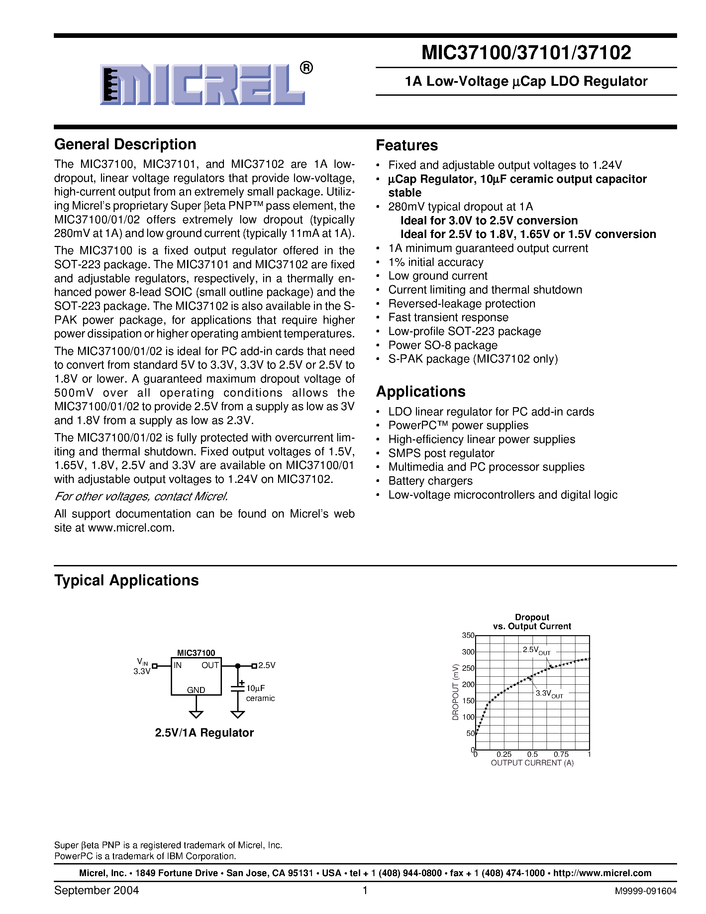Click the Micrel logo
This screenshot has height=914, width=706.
coord(202,84)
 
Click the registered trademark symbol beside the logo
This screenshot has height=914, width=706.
coord(306,68)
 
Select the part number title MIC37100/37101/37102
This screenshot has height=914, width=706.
coord(526,53)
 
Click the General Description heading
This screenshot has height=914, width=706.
coord(125,144)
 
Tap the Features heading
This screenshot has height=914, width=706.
coord(407,145)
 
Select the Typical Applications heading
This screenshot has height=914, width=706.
coord(126,580)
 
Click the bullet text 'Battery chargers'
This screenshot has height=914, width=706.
coord(430,481)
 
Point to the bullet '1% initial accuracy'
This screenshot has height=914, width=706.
coord(436,262)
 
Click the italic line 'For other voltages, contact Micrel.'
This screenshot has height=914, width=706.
coord(141,497)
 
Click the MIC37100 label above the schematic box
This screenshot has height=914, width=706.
coord(196,652)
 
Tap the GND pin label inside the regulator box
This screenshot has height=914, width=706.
coord(196,690)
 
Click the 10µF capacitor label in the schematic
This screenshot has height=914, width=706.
coord(255,688)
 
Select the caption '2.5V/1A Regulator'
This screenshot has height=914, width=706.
coord(204,733)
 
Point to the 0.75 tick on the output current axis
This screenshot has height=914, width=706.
coord(561,754)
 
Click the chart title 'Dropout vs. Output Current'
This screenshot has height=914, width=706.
coord(532,622)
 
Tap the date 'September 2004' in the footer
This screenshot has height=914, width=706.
coord(96,890)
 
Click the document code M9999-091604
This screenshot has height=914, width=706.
coord(645,891)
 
